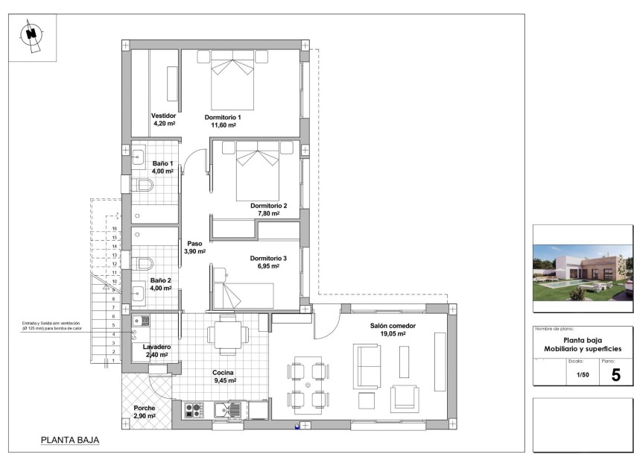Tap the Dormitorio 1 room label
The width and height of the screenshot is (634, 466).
point(223,122)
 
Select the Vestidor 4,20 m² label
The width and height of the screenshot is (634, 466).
point(163,120)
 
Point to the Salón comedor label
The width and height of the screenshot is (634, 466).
point(393,330)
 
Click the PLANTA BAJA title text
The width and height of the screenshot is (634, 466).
point(69,441)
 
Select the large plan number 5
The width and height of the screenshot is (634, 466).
point(615,374)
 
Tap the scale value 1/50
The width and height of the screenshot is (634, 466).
point(583,376)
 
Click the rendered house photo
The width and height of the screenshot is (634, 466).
point(583,268)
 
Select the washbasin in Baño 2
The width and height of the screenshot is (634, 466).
point(139,291)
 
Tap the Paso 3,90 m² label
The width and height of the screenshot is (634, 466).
point(194,247)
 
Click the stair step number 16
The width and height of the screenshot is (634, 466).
point(115,229)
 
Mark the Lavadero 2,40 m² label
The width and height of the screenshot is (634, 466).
point(156,350)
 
